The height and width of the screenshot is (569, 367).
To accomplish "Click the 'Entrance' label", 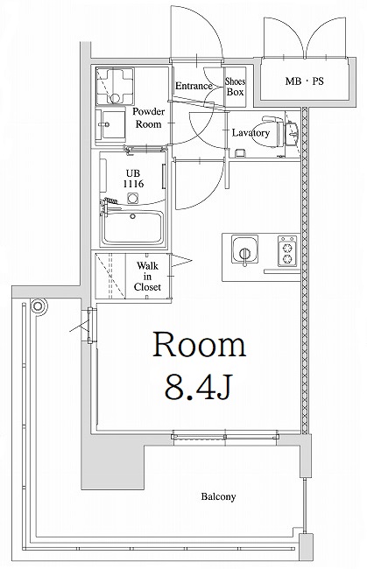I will pyautogui.click(x=194, y=86).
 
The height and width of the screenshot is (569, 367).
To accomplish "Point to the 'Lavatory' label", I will pyautogui.click(x=250, y=133).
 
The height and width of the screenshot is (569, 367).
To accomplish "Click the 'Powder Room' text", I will pyautogui.click(x=149, y=118).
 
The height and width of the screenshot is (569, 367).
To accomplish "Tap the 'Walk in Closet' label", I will pyautogui.click(x=147, y=273).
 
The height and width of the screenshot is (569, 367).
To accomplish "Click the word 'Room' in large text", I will pyautogui.click(x=200, y=345).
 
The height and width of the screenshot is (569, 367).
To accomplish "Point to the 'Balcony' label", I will pyautogui.click(x=217, y=496).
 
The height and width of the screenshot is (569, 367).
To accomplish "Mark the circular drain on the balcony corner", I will pyautogui.click(x=38, y=307).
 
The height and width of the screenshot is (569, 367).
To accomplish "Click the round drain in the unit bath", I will pyautogui.click(x=133, y=199).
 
